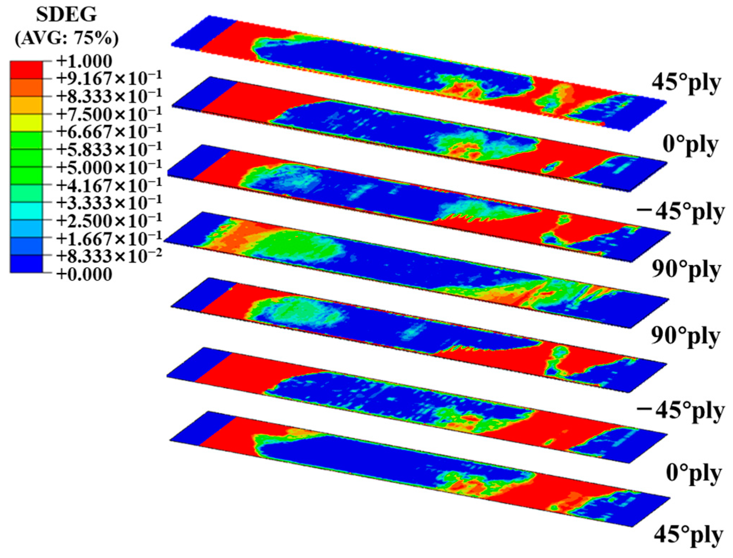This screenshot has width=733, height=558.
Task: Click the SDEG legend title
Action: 66,15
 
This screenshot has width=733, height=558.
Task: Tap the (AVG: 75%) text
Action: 67,38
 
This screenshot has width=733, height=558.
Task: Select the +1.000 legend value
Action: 84,61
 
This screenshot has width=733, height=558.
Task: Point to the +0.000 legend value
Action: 84,274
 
